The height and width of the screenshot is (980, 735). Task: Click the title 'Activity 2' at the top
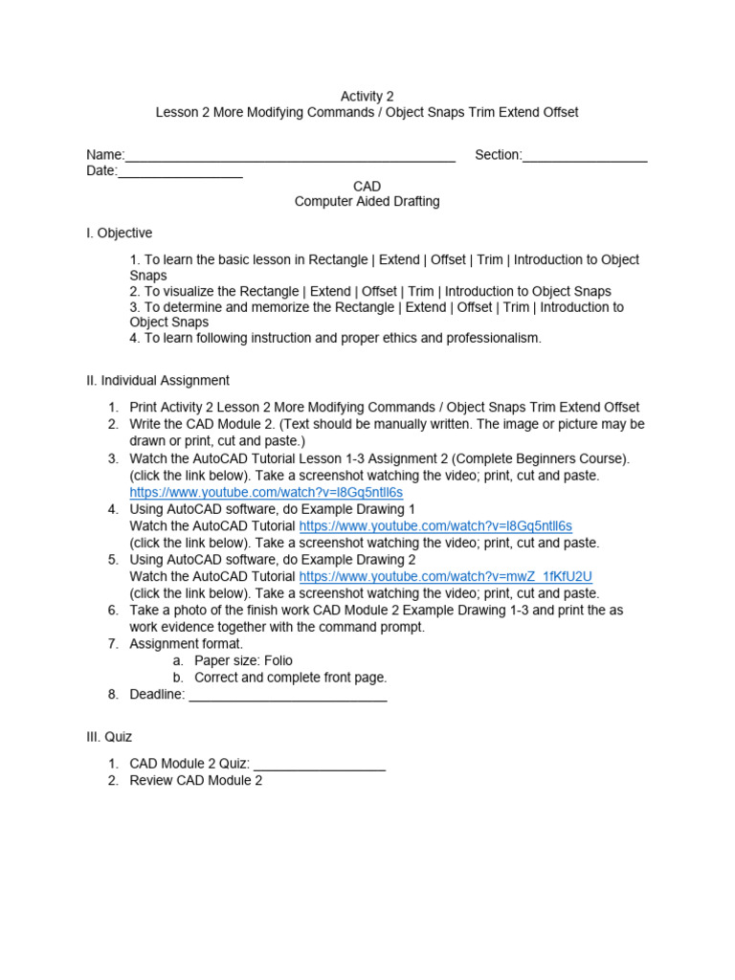click(x=367, y=97)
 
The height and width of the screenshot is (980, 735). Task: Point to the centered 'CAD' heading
click(x=367, y=187)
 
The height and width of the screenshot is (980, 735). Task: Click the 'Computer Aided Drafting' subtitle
click(x=367, y=202)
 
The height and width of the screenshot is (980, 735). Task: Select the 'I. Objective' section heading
click(x=119, y=234)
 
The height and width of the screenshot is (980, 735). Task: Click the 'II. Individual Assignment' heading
click(x=158, y=381)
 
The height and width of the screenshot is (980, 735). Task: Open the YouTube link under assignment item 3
click(x=266, y=492)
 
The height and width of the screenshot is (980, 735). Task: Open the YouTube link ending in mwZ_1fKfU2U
click(x=446, y=576)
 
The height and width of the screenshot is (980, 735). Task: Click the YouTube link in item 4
click(x=435, y=526)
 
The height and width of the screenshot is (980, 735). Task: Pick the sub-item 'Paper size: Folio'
click(x=243, y=661)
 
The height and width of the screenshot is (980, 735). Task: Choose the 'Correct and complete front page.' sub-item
click(x=290, y=678)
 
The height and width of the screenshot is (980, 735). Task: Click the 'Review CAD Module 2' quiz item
click(x=196, y=781)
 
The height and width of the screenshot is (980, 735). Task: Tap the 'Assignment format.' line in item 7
click(x=187, y=644)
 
